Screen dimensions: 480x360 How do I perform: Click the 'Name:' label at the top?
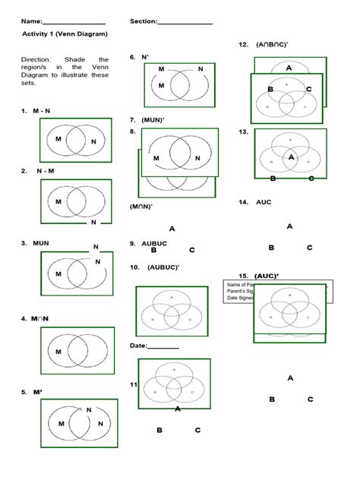(32, 21)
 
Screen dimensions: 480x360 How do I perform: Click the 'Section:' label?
(144, 21)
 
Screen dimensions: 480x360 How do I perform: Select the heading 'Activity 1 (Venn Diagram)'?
(65, 34)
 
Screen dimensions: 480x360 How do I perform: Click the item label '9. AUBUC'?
(148, 244)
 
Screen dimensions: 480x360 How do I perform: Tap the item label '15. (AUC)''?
(258, 275)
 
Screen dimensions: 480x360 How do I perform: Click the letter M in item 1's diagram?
(58, 139)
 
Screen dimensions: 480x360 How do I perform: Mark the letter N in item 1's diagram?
(93, 142)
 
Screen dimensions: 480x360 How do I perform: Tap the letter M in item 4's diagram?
(58, 352)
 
